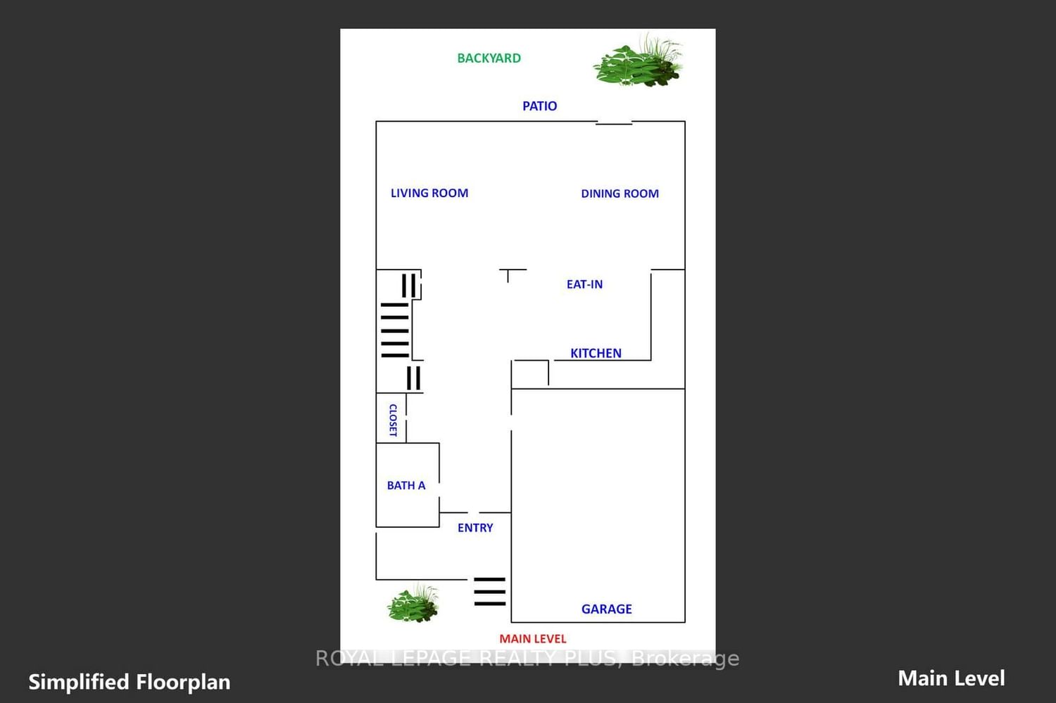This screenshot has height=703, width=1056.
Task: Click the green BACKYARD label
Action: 489,58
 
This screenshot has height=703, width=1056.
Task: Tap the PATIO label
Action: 539,106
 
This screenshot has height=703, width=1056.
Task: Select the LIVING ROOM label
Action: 429,193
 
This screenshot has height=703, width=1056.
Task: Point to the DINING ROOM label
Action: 620,194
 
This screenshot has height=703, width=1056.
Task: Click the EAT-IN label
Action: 584,284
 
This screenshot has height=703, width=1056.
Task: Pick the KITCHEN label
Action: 596,353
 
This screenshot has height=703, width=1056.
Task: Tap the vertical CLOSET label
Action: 393,420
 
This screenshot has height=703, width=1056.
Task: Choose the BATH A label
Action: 406,486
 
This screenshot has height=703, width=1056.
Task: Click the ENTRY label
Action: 474,528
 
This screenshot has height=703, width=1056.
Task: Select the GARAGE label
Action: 606,609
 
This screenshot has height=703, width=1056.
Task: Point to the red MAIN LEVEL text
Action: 533,638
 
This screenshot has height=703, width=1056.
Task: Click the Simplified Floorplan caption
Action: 129,683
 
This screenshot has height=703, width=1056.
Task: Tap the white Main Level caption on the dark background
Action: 951,678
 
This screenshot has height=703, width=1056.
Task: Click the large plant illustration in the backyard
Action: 638,61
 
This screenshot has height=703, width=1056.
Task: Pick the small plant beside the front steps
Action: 413,603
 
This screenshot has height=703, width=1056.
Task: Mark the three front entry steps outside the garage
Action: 489,591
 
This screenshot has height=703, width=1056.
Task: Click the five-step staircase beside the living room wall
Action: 394,330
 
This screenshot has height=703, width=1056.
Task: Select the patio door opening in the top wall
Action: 614,123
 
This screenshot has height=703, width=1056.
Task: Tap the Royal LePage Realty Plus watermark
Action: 527,658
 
